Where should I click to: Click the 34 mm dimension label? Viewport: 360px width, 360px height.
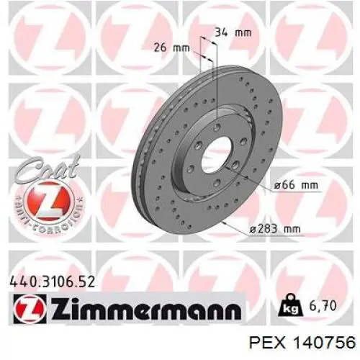point(233,32)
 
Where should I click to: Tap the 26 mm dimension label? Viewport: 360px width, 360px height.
point(171,48)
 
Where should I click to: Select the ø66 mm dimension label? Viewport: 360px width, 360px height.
point(296,185)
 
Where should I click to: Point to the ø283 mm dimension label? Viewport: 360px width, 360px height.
point(274,229)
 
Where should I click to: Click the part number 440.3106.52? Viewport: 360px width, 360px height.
point(52,282)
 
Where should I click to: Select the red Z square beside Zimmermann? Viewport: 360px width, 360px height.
point(30,308)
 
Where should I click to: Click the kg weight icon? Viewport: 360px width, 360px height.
point(289,305)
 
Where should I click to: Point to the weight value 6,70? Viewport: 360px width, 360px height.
point(320,306)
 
